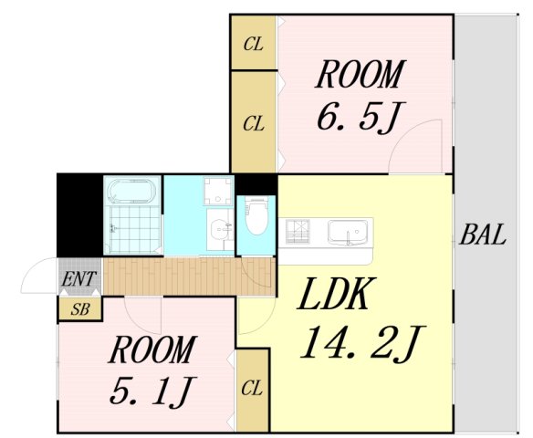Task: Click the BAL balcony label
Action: (x=483, y=235)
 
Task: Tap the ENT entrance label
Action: (x=79, y=278)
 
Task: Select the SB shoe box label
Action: (x=80, y=309)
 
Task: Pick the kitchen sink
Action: (x=348, y=232)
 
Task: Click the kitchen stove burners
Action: (x=298, y=232)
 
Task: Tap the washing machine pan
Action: (x=218, y=191)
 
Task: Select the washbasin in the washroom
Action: (x=220, y=228)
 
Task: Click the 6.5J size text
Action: (x=357, y=117)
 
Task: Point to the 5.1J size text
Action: (x=149, y=391)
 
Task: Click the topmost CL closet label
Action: (x=253, y=44)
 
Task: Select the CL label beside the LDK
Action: (x=252, y=388)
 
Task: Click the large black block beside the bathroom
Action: (x=79, y=215)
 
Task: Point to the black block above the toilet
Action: (x=256, y=184)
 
